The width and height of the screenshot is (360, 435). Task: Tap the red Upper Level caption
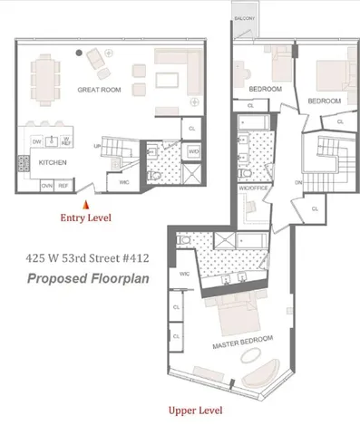click(x=196, y=411)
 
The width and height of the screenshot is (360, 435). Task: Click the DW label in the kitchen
click(x=37, y=141)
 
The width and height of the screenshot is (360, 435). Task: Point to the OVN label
click(x=47, y=185)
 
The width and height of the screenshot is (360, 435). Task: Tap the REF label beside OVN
click(x=63, y=185)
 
